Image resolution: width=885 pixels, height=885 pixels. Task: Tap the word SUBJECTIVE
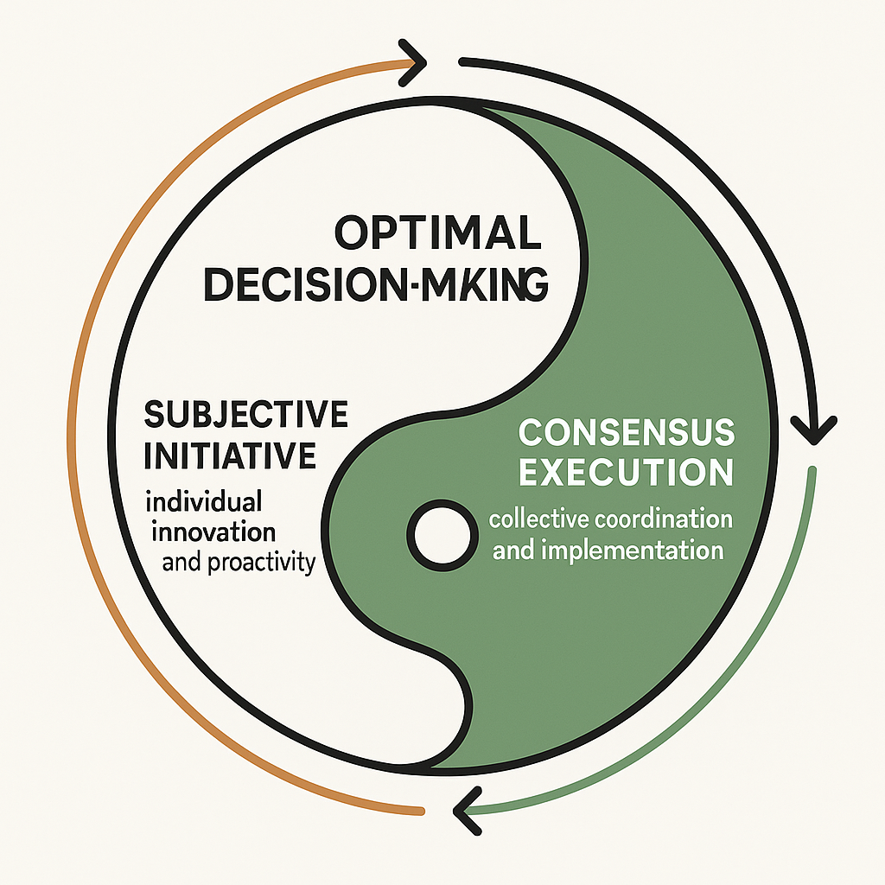pyautogui.click(x=245, y=415)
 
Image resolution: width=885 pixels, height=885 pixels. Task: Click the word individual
pyautogui.click(x=204, y=502)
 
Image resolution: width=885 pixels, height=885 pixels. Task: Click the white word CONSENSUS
pyautogui.click(x=626, y=431)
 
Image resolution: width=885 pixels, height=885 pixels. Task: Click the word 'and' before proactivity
pyautogui.click(x=182, y=563)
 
